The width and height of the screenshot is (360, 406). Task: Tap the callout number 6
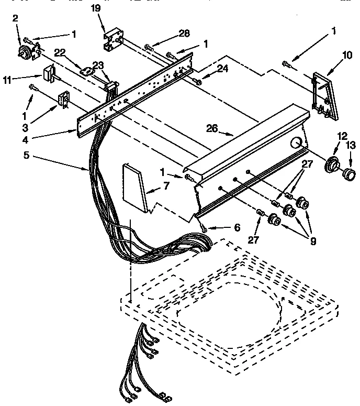237,228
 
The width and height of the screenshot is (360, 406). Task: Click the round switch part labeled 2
24,51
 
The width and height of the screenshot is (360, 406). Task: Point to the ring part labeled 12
331,166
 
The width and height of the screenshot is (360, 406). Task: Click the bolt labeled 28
150,48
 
